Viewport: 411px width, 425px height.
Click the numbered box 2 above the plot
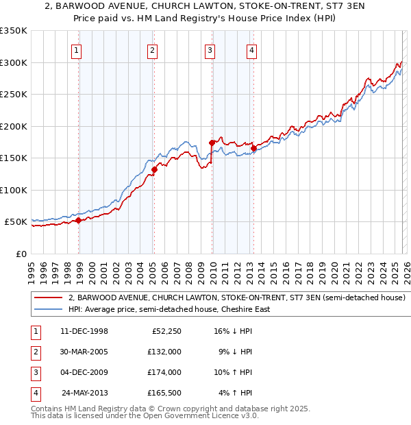pyautogui.click(x=151, y=50)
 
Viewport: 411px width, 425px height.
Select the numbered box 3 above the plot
pyautogui.click(x=209, y=50)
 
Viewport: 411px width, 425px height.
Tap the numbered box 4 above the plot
pyautogui.click(x=251, y=50)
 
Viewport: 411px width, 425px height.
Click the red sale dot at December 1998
pyautogui.click(x=79, y=220)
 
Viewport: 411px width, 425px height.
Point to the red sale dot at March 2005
pyautogui.click(x=155, y=169)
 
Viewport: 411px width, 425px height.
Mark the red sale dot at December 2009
pyautogui.click(x=212, y=143)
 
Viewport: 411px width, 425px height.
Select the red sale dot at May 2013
pyautogui.click(x=253, y=148)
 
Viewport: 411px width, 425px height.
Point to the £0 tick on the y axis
pyautogui.click(x=21, y=254)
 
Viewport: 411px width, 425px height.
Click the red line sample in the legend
pyautogui.click(x=49, y=298)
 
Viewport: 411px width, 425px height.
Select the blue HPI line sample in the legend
pyautogui.click(x=49, y=309)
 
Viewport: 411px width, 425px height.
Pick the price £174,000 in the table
pyautogui.click(x=165, y=374)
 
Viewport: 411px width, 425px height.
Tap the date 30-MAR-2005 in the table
pyautogui.click(x=84, y=352)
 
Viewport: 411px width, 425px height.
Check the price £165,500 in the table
pyautogui.click(x=165, y=393)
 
